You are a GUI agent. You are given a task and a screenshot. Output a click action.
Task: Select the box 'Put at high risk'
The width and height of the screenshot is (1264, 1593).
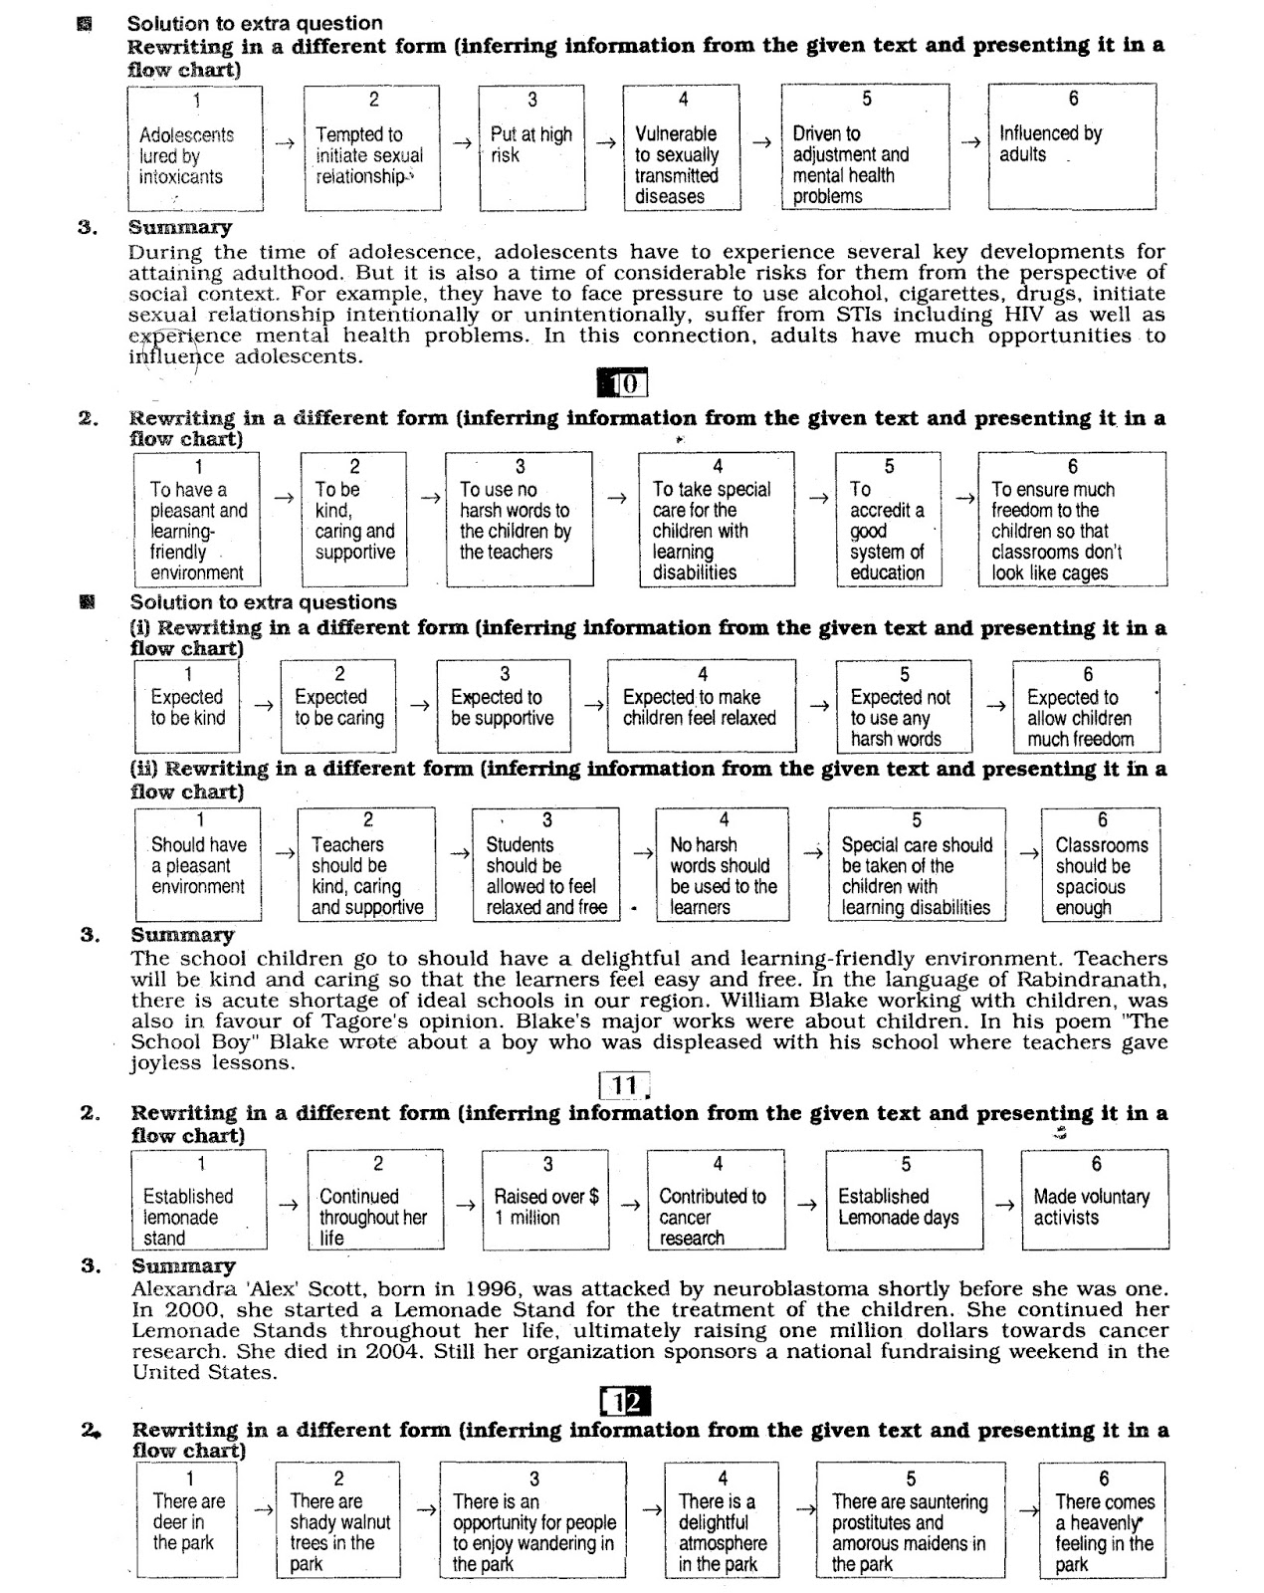[530, 146]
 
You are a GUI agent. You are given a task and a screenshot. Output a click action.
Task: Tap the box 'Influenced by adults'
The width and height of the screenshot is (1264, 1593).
[1071, 146]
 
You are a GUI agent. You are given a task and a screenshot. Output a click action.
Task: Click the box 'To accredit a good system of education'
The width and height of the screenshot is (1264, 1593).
[888, 519]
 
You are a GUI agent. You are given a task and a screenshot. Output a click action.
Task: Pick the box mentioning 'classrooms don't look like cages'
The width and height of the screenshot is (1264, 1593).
[1071, 519]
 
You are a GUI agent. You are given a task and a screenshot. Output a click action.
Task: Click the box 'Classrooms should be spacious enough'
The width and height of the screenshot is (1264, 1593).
[1101, 864]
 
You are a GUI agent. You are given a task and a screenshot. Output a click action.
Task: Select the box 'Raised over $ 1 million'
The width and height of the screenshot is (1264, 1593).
[544, 1200]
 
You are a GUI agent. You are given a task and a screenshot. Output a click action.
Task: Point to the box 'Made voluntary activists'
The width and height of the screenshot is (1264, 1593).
[1094, 1200]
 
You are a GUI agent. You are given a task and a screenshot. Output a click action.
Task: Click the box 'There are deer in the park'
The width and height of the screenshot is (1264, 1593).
[187, 1519]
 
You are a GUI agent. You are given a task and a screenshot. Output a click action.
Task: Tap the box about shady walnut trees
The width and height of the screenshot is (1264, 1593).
[337, 1519]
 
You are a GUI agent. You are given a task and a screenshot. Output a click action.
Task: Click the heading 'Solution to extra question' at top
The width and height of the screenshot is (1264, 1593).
[256, 23]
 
